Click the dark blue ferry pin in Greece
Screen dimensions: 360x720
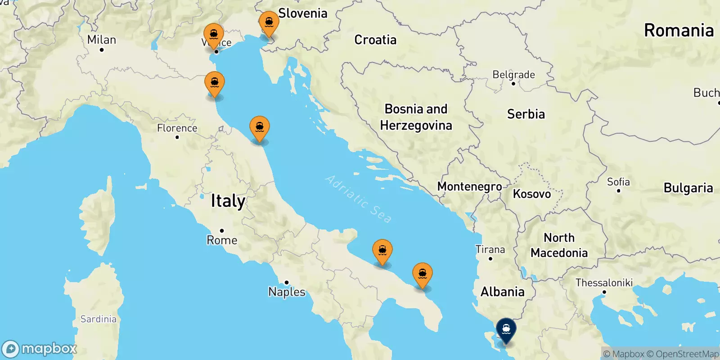point(506,329)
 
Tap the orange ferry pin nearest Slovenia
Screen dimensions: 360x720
point(269,22)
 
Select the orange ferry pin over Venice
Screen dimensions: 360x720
point(214,35)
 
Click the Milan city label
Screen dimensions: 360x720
point(102,40)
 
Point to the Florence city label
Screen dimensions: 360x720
point(177,128)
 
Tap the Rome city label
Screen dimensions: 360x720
point(222,240)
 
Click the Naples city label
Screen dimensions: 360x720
point(287,292)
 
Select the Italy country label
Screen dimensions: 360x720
point(228,201)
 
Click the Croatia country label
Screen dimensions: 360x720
point(375,40)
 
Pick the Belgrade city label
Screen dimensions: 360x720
point(513,75)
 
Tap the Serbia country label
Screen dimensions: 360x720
point(526,114)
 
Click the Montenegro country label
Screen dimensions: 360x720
point(469,186)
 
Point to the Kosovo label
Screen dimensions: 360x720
point(532,194)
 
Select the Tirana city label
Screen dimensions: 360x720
point(490,249)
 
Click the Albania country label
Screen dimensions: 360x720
point(502,292)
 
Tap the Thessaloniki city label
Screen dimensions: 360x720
point(604,283)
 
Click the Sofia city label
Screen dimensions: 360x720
point(618,182)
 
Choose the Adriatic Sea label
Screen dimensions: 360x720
point(358,199)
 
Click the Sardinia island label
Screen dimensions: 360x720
point(98,319)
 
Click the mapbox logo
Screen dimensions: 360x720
point(40,349)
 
